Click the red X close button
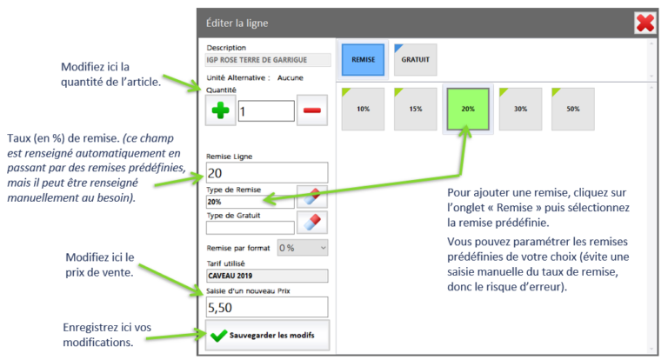tap(645, 23)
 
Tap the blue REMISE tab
tap(363, 60)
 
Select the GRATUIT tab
tap(416, 60)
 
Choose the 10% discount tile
tap(363, 109)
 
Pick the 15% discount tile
tap(416, 109)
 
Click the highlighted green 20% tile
tap(468, 109)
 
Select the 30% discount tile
tap(521, 109)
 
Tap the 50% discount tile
tap(573, 109)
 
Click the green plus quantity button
tap(221, 110)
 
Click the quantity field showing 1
tap(266, 111)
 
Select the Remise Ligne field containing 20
tap(267, 172)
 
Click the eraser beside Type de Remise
tap(312, 197)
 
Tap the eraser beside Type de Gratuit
tap(312, 222)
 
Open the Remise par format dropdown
tap(303, 248)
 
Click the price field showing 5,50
tap(267, 307)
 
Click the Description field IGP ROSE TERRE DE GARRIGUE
tap(268, 60)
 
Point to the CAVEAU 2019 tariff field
tap(267, 276)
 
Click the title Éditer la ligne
tap(237, 23)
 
